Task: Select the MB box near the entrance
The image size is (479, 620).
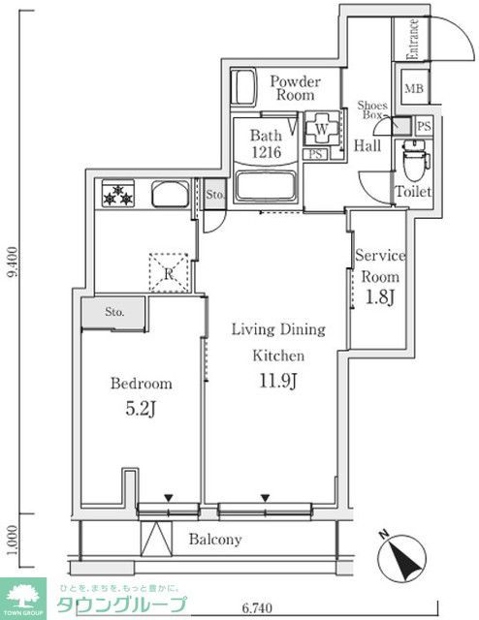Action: click(414, 90)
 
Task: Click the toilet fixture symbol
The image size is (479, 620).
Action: click(412, 155)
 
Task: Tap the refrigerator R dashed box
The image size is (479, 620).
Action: click(169, 272)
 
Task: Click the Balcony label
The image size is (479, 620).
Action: click(214, 540)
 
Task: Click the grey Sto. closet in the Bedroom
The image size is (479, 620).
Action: click(114, 311)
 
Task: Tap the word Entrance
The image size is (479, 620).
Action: click(413, 40)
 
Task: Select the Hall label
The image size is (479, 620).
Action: click(367, 146)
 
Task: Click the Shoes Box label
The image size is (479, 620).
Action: click(372, 109)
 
